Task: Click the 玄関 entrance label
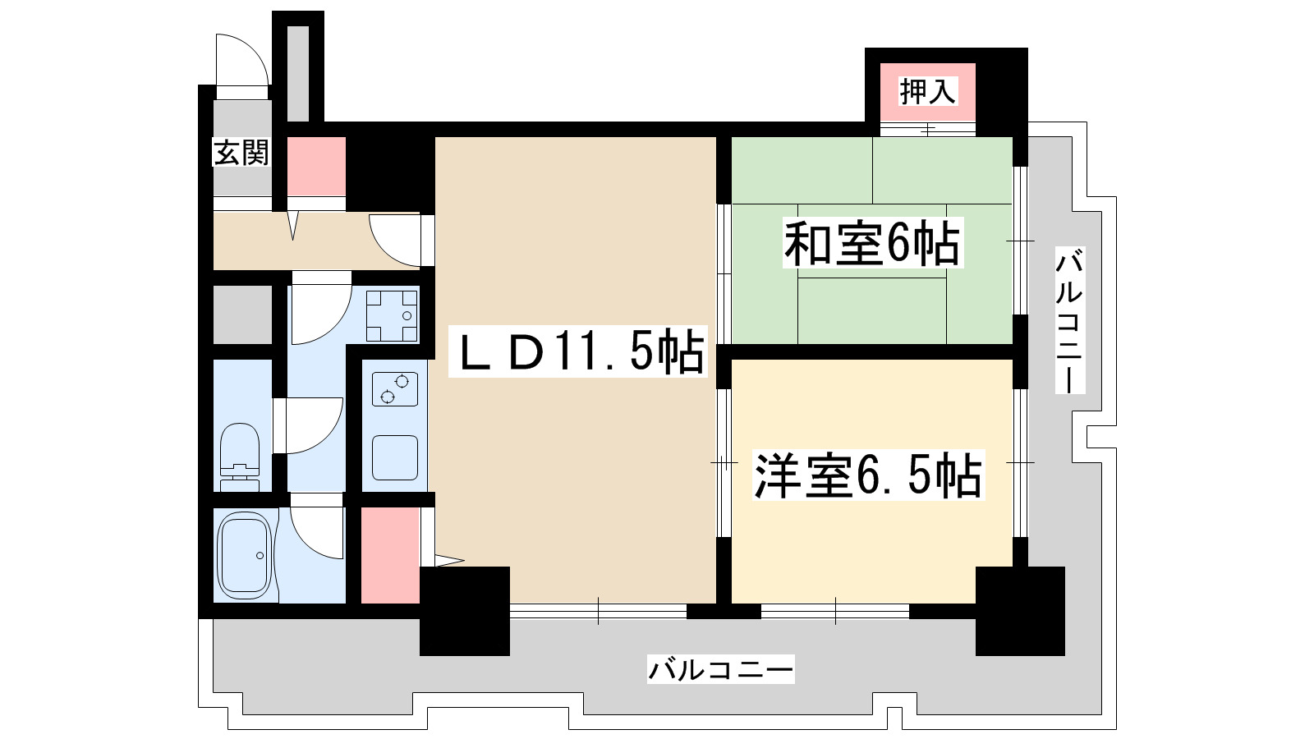tap(241, 153)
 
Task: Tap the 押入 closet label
tap(927, 91)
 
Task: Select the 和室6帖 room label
tap(871, 243)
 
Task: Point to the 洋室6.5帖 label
tap(867, 475)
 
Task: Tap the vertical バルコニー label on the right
tap(1069, 320)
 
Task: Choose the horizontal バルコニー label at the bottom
tap(721, 670)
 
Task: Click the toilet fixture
tap(240, 458)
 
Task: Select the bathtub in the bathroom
tap(244, 556)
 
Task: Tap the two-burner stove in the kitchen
tap(394, 388)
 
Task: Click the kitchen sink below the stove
tap(395, 457)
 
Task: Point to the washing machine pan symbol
tap(392, 316)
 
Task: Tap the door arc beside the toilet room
tap(312, 425)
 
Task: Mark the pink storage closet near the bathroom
tap(390, 556)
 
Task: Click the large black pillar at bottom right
tap(1020, 611)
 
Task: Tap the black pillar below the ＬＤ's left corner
tap(464, 611)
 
